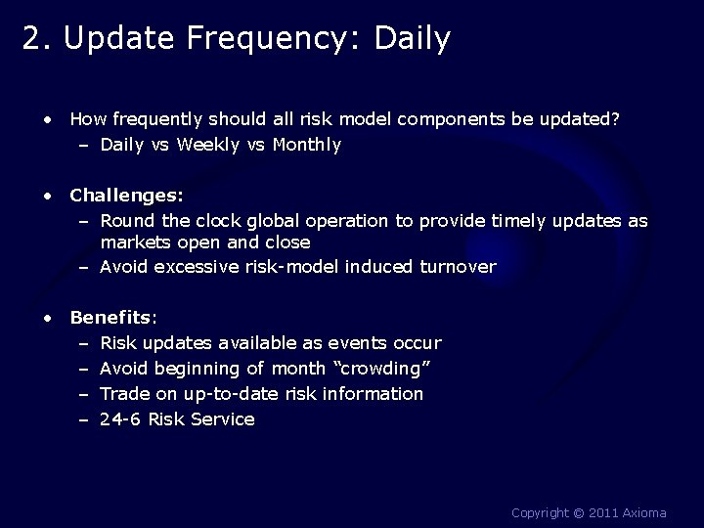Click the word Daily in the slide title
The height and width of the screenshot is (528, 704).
[413, 39]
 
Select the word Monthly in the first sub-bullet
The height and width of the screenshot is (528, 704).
[307, 145]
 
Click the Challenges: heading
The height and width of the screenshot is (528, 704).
[126, 195]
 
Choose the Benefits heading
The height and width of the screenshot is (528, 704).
[111, 318]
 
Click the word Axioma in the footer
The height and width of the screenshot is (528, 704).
[640, 512]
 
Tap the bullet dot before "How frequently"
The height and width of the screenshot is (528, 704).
[48, 119]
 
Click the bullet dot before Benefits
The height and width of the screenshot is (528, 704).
[48, 318]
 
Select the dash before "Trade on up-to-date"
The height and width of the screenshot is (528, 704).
[83, 394]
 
